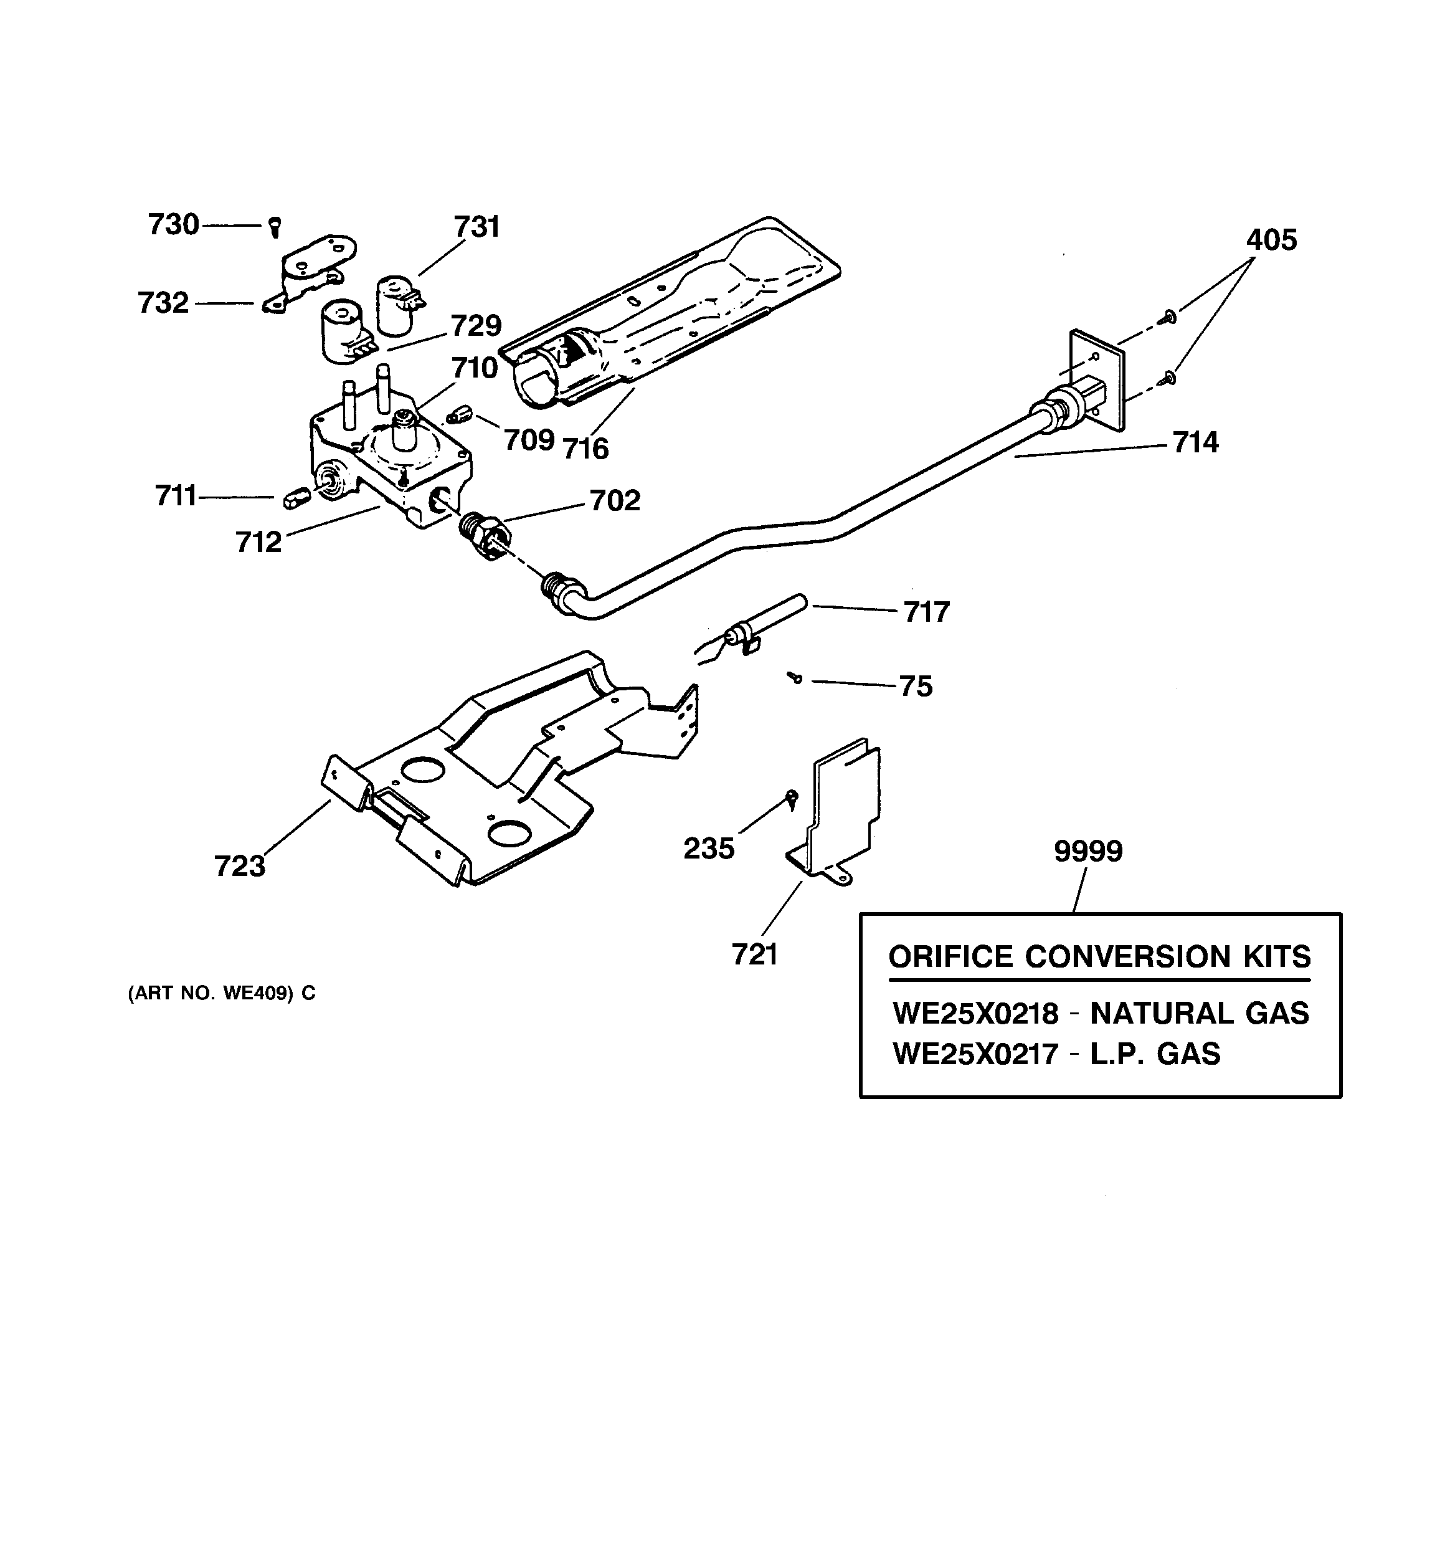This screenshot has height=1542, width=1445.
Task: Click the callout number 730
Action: (x=173, y=225)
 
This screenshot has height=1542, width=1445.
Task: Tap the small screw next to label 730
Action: (x=275, y=227)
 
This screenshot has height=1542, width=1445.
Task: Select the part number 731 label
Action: (x=476, y=227)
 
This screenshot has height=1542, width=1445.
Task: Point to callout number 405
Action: (x=1271, y=240)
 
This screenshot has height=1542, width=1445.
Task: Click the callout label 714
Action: (x=1195, y=443)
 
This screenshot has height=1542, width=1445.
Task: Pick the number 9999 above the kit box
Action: (x=1087, y=852)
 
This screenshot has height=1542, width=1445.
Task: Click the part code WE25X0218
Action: (x=975, y=1014)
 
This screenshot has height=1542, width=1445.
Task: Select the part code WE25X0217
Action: (x=975, y=1054)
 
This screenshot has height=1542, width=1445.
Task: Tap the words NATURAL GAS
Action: (x=1199, y=1014)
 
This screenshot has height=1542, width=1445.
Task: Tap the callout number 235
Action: (x=708, y=849)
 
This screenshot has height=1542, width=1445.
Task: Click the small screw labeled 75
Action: (x=795, y=678)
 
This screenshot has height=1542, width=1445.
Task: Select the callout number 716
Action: (x=585, y=449)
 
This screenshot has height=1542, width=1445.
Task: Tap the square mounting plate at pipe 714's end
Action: (x=1097, y=380)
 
